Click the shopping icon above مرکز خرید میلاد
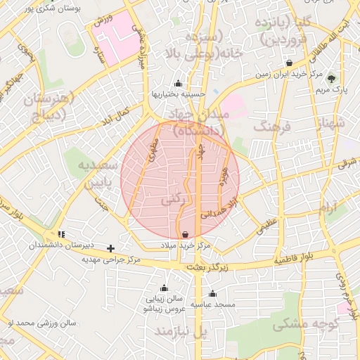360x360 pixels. click(185, 234)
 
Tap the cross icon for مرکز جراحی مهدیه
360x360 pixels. click(110, 248)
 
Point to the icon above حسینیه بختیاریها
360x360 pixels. click(178, 82)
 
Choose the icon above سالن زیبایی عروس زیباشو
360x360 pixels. click(164, 288)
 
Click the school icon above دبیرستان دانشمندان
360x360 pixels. click(61, 234)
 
